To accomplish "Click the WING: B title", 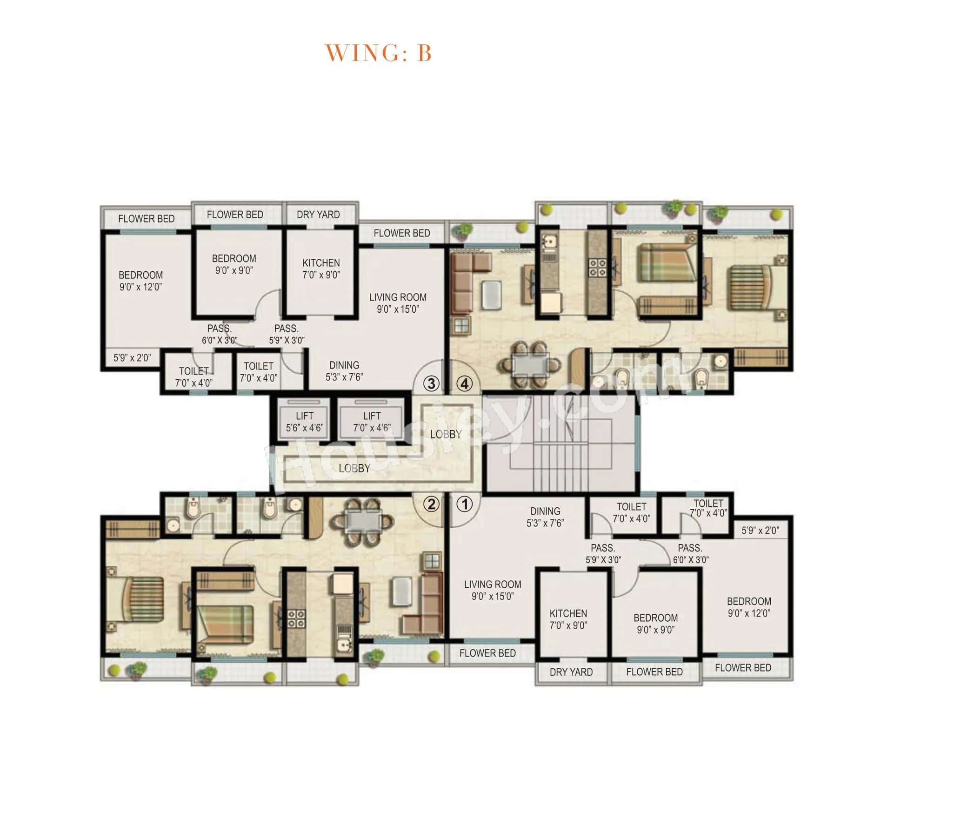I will coord(378,52).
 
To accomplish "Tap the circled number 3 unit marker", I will coord(431,384).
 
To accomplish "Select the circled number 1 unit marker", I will coord(464,504).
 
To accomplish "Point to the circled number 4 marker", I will coord(464,384).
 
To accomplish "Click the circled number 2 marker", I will coord(431,504).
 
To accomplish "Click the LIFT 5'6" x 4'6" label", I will coord(304,422).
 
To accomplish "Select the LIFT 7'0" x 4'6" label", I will coord(372,422).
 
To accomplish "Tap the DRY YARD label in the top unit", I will coord(318,215).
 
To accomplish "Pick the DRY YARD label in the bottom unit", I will coord(571,672).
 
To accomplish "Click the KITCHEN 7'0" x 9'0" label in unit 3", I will coord(321,269).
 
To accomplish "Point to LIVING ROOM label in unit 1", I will coord(493,590).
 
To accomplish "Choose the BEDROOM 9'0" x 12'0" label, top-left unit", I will coord(140,281).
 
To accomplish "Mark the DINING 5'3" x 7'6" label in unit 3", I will coord(345,371).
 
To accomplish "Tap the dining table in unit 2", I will coord(363,521).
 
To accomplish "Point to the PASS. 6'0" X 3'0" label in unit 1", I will coord(690,553).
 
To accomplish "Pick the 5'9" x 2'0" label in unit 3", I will coord(132,358).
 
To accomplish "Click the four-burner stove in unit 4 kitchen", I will coord(597,268).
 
